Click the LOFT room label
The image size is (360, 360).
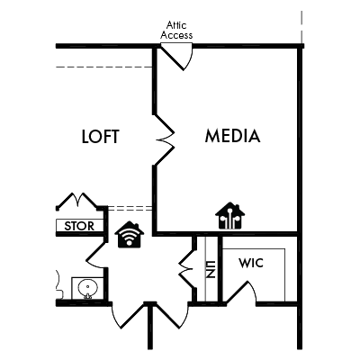coord(101,137)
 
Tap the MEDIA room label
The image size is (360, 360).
coord(232,136)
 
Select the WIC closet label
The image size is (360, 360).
coord(251,263)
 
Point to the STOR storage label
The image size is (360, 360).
coord(79,226)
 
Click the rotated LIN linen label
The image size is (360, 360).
coord(211,269)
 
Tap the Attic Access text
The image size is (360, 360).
coord(176,30)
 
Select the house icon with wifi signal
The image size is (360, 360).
coord(130,235)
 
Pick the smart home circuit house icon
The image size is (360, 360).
coord(230,216)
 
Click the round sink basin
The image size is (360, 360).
coord(87,288)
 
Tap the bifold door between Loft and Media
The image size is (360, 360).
coord(165,139)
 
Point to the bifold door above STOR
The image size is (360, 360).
coord(78,201)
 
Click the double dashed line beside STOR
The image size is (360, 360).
coord(130,208)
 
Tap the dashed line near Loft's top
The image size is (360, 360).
coord(104,67)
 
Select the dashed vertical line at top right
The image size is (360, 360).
coord(301,26)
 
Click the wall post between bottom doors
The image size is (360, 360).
coord(150,326)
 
